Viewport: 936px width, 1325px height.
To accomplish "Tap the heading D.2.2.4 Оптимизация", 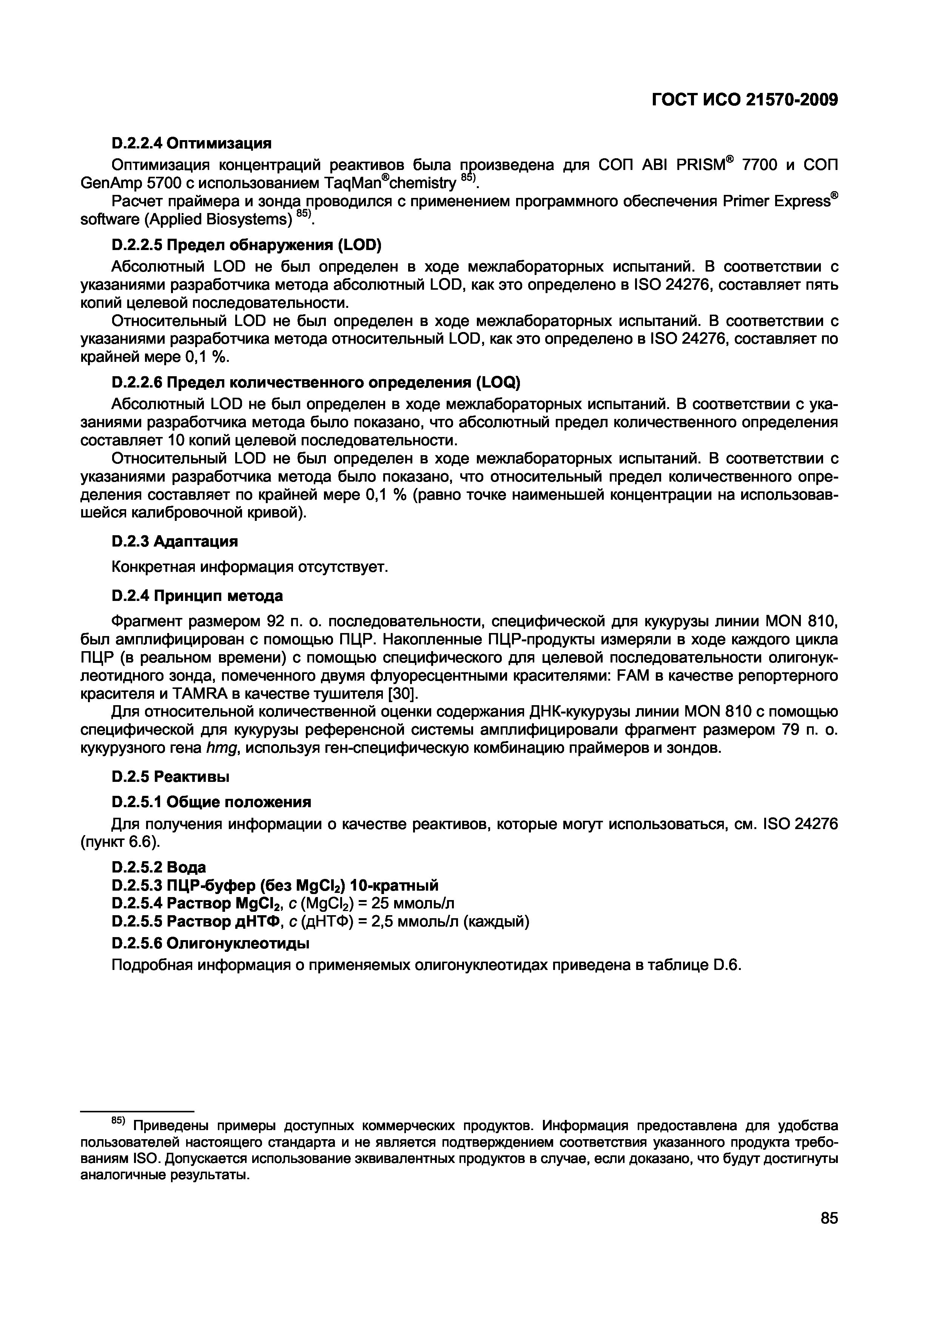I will click(x=191, y=142).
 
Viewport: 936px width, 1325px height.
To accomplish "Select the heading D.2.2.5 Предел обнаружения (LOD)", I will click(x=246, y=245).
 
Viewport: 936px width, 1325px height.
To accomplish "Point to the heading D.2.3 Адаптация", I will click(x=174, y=541).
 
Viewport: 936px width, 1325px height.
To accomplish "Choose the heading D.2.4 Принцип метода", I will click(x=197, y=595).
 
